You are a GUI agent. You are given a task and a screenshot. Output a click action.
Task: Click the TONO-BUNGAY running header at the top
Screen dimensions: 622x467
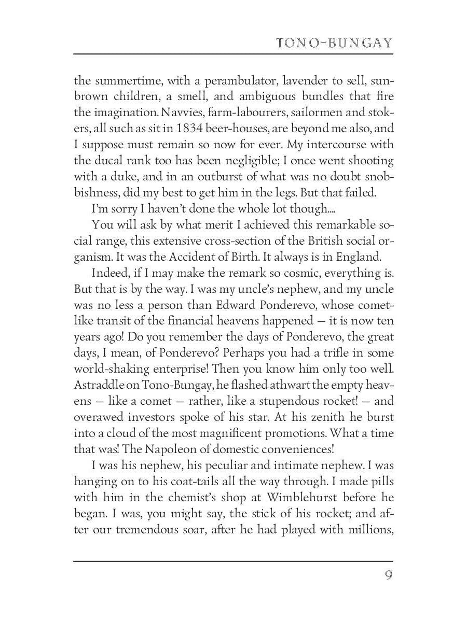334,43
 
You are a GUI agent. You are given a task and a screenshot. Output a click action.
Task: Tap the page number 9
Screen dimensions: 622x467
388,576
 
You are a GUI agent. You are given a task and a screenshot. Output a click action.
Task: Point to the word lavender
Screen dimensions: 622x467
304,81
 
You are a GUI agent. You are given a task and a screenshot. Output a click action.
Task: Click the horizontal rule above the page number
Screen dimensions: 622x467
233,561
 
